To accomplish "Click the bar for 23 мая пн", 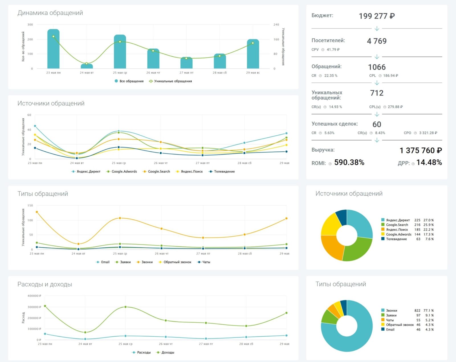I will (53, 50).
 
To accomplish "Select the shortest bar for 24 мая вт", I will (87, 66).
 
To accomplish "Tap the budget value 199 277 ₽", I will (376, 16).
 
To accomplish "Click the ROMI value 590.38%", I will (349, 162).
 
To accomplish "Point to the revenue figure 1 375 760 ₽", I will (420, 151).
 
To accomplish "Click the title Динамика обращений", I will (50, 13).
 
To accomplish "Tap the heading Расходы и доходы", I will (45, 284).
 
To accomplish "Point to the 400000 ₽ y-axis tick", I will (34, 296).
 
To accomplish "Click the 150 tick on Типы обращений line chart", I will (30, 206).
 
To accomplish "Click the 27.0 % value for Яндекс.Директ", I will (428, 220).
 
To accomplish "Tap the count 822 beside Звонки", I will (417, 310).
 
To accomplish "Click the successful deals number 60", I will (376, 124).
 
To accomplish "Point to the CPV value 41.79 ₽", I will (333, 50).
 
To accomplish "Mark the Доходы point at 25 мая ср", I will (125, 307).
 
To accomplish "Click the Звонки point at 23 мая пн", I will (37, 212).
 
